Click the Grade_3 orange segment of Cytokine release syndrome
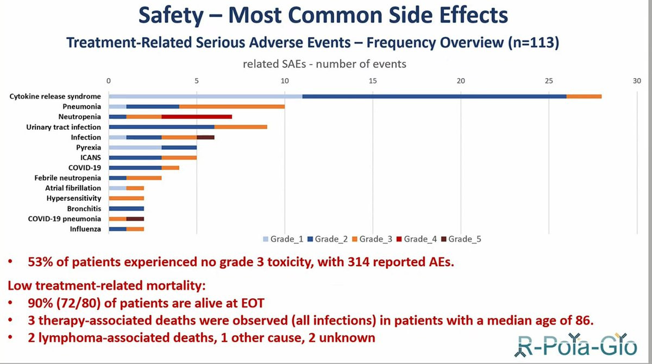(x=584, y=96)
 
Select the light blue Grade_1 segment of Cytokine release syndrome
(x=205, y=96)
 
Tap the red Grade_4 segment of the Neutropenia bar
(x=197, y=117)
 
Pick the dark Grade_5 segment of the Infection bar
(x=205, y=137)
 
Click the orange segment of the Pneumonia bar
(x=232, y=106)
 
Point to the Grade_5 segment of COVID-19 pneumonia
(x=135, y=219)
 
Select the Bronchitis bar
(x=127, y=208)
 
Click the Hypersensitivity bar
(x=127, y=199)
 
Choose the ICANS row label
(x=91, y=158)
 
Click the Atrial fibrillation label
(x=73, y=188)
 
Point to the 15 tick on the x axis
(x=373, y=81)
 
